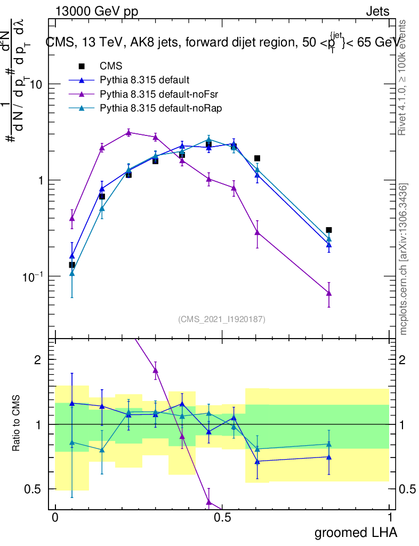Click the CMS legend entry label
[x=111, y=67]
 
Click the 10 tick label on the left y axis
[x=35, y=84]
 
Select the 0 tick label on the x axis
[x=55, y=518]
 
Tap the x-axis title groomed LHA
[x=356, y=532]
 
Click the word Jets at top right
[x=377, y=12]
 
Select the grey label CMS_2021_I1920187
[x=222, y=319]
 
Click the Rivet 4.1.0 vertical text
[x=403, y=78]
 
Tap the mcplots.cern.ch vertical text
[x=404, y=259]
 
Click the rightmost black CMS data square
[x=329, y=230]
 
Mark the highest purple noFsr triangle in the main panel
[x=128, y=133]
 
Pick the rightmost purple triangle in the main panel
[x=329, y=293]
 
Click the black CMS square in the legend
[x=82, y=67]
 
